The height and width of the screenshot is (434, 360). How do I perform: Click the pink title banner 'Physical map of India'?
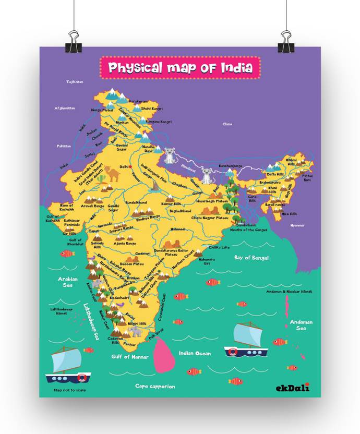click(180, 68)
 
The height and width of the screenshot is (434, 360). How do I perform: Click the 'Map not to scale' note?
click(70, 390)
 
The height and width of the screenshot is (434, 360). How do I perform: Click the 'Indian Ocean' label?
click(195, 353)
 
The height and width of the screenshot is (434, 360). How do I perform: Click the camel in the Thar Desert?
click(111, 173)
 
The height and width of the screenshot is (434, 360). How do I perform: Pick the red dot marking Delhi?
click(130, 167)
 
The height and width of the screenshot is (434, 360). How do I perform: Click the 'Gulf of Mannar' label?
click(130, 357)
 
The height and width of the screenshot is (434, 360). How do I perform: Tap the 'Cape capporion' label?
click(155, 387)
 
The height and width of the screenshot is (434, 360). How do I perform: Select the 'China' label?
click(227, 124)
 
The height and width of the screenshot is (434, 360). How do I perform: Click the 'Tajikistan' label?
click(75, 82)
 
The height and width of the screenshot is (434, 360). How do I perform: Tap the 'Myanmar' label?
click(297, 225)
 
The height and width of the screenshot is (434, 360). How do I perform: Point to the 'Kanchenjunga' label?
click(230, 166)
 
